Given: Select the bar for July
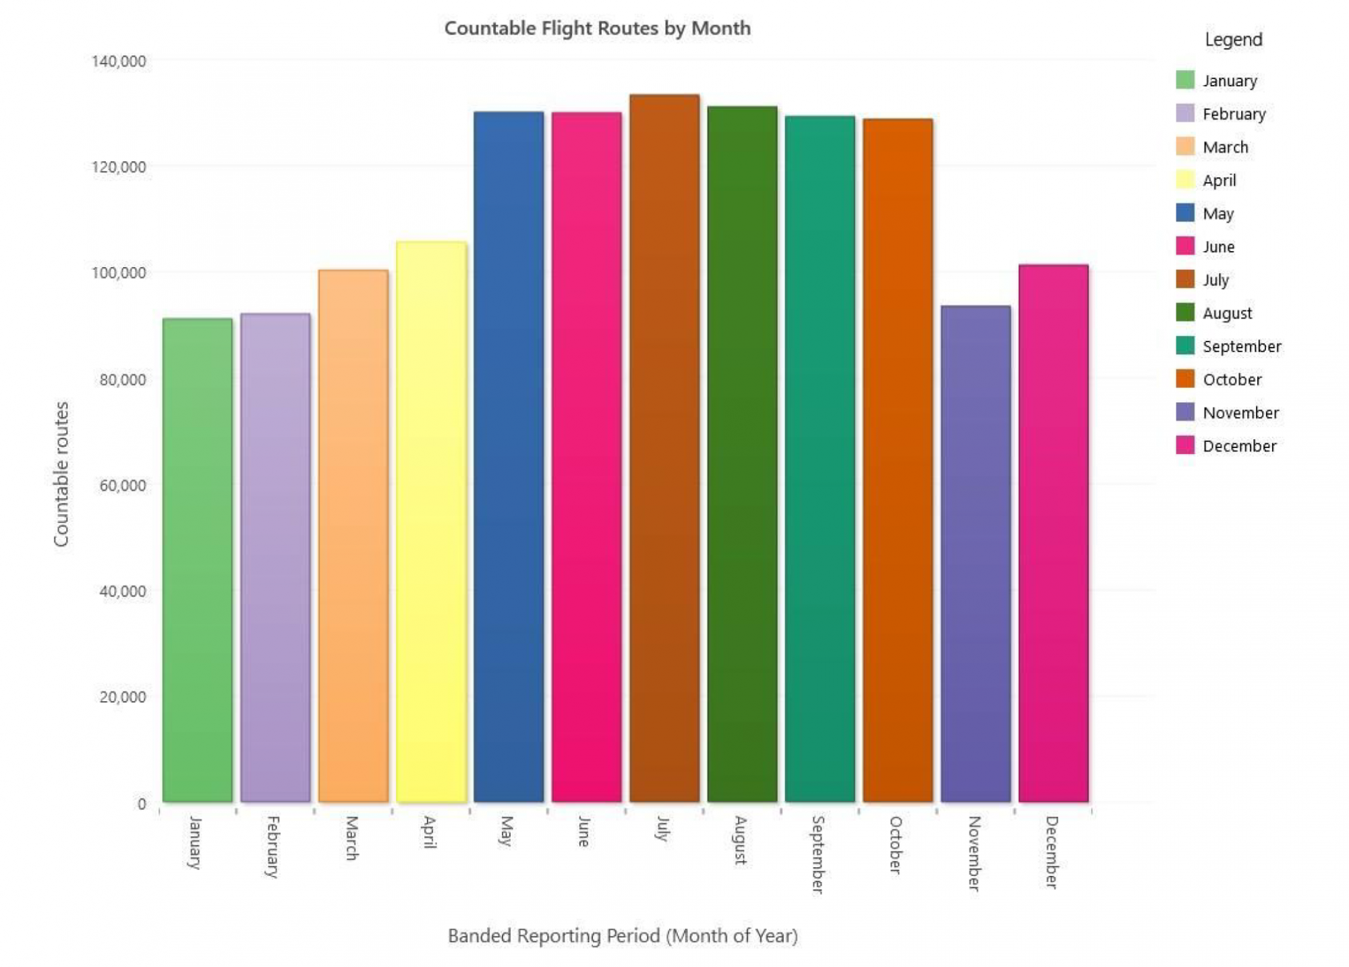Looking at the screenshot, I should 664,449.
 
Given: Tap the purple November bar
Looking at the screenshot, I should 975,554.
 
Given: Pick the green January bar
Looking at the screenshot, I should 198,560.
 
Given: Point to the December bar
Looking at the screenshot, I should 1053,533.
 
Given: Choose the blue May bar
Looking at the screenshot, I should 509,457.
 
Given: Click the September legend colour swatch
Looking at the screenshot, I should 1184,346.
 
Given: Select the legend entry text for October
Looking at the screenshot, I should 1232,379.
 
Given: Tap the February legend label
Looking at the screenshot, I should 1234,114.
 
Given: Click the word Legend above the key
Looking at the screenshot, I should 1233,40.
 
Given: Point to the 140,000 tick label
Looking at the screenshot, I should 119,61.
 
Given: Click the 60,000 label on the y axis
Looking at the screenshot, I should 122,485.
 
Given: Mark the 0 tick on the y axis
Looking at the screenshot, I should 142,804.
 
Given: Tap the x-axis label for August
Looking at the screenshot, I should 741,840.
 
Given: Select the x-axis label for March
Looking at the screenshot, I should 352,838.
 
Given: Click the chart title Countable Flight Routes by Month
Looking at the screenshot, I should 597,28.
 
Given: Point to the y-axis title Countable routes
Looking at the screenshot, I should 61,474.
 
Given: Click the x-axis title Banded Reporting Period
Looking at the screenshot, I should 623,936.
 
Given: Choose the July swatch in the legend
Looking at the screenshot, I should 1184,279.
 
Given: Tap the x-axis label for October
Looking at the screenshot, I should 896,845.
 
